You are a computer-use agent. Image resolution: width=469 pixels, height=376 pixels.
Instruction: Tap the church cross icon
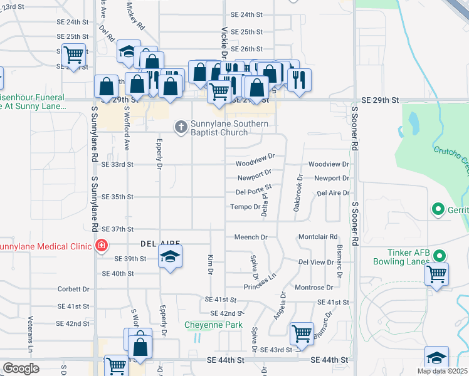(181, 127)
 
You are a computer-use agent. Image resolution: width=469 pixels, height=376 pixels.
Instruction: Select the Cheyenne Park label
(213, 325)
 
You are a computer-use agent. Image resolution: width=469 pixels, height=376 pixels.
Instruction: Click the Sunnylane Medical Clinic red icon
(101, 246)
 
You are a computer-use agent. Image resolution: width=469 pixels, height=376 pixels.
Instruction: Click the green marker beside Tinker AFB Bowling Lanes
(440, 256)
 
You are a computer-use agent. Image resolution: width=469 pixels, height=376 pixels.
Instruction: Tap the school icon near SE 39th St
(169, 258)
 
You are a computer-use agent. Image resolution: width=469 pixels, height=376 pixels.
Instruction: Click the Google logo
(21, 368)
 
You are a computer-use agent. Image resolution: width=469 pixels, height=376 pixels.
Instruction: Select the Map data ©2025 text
(441, 371)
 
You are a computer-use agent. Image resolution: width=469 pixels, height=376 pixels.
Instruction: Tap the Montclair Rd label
(318, 237)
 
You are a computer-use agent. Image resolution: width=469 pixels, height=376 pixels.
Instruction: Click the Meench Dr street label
(251, 238)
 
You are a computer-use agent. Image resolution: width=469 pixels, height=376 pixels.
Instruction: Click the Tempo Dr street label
(245, 207)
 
